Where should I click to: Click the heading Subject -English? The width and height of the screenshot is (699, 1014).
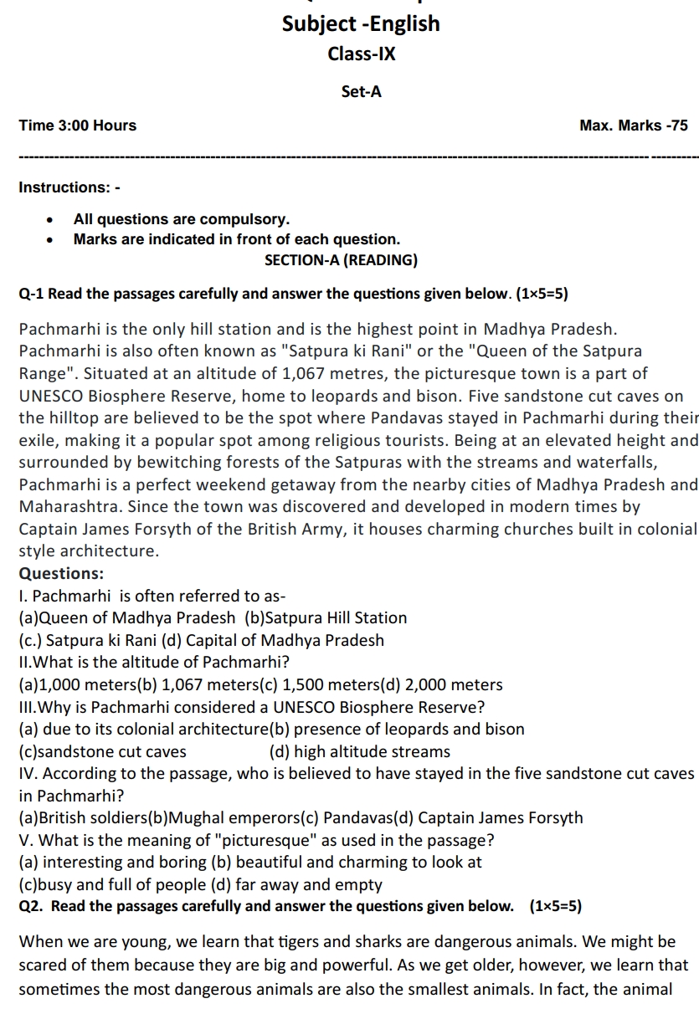[361, 23]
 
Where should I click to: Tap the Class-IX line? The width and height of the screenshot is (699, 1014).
[361, 54]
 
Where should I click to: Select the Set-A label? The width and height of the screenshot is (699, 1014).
[361, 92]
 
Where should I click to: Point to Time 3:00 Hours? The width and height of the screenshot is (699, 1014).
[77, 125]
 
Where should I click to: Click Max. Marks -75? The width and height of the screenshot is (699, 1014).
[633, 125]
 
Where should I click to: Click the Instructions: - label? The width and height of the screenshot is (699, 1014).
[69, 187]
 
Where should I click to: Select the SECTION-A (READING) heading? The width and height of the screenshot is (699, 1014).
[341, 260]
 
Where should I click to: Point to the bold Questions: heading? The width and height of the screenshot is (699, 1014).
[61, 574]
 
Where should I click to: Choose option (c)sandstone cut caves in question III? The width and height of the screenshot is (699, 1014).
[102, 752]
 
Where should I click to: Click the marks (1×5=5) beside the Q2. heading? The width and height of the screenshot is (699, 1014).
[556, 906]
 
